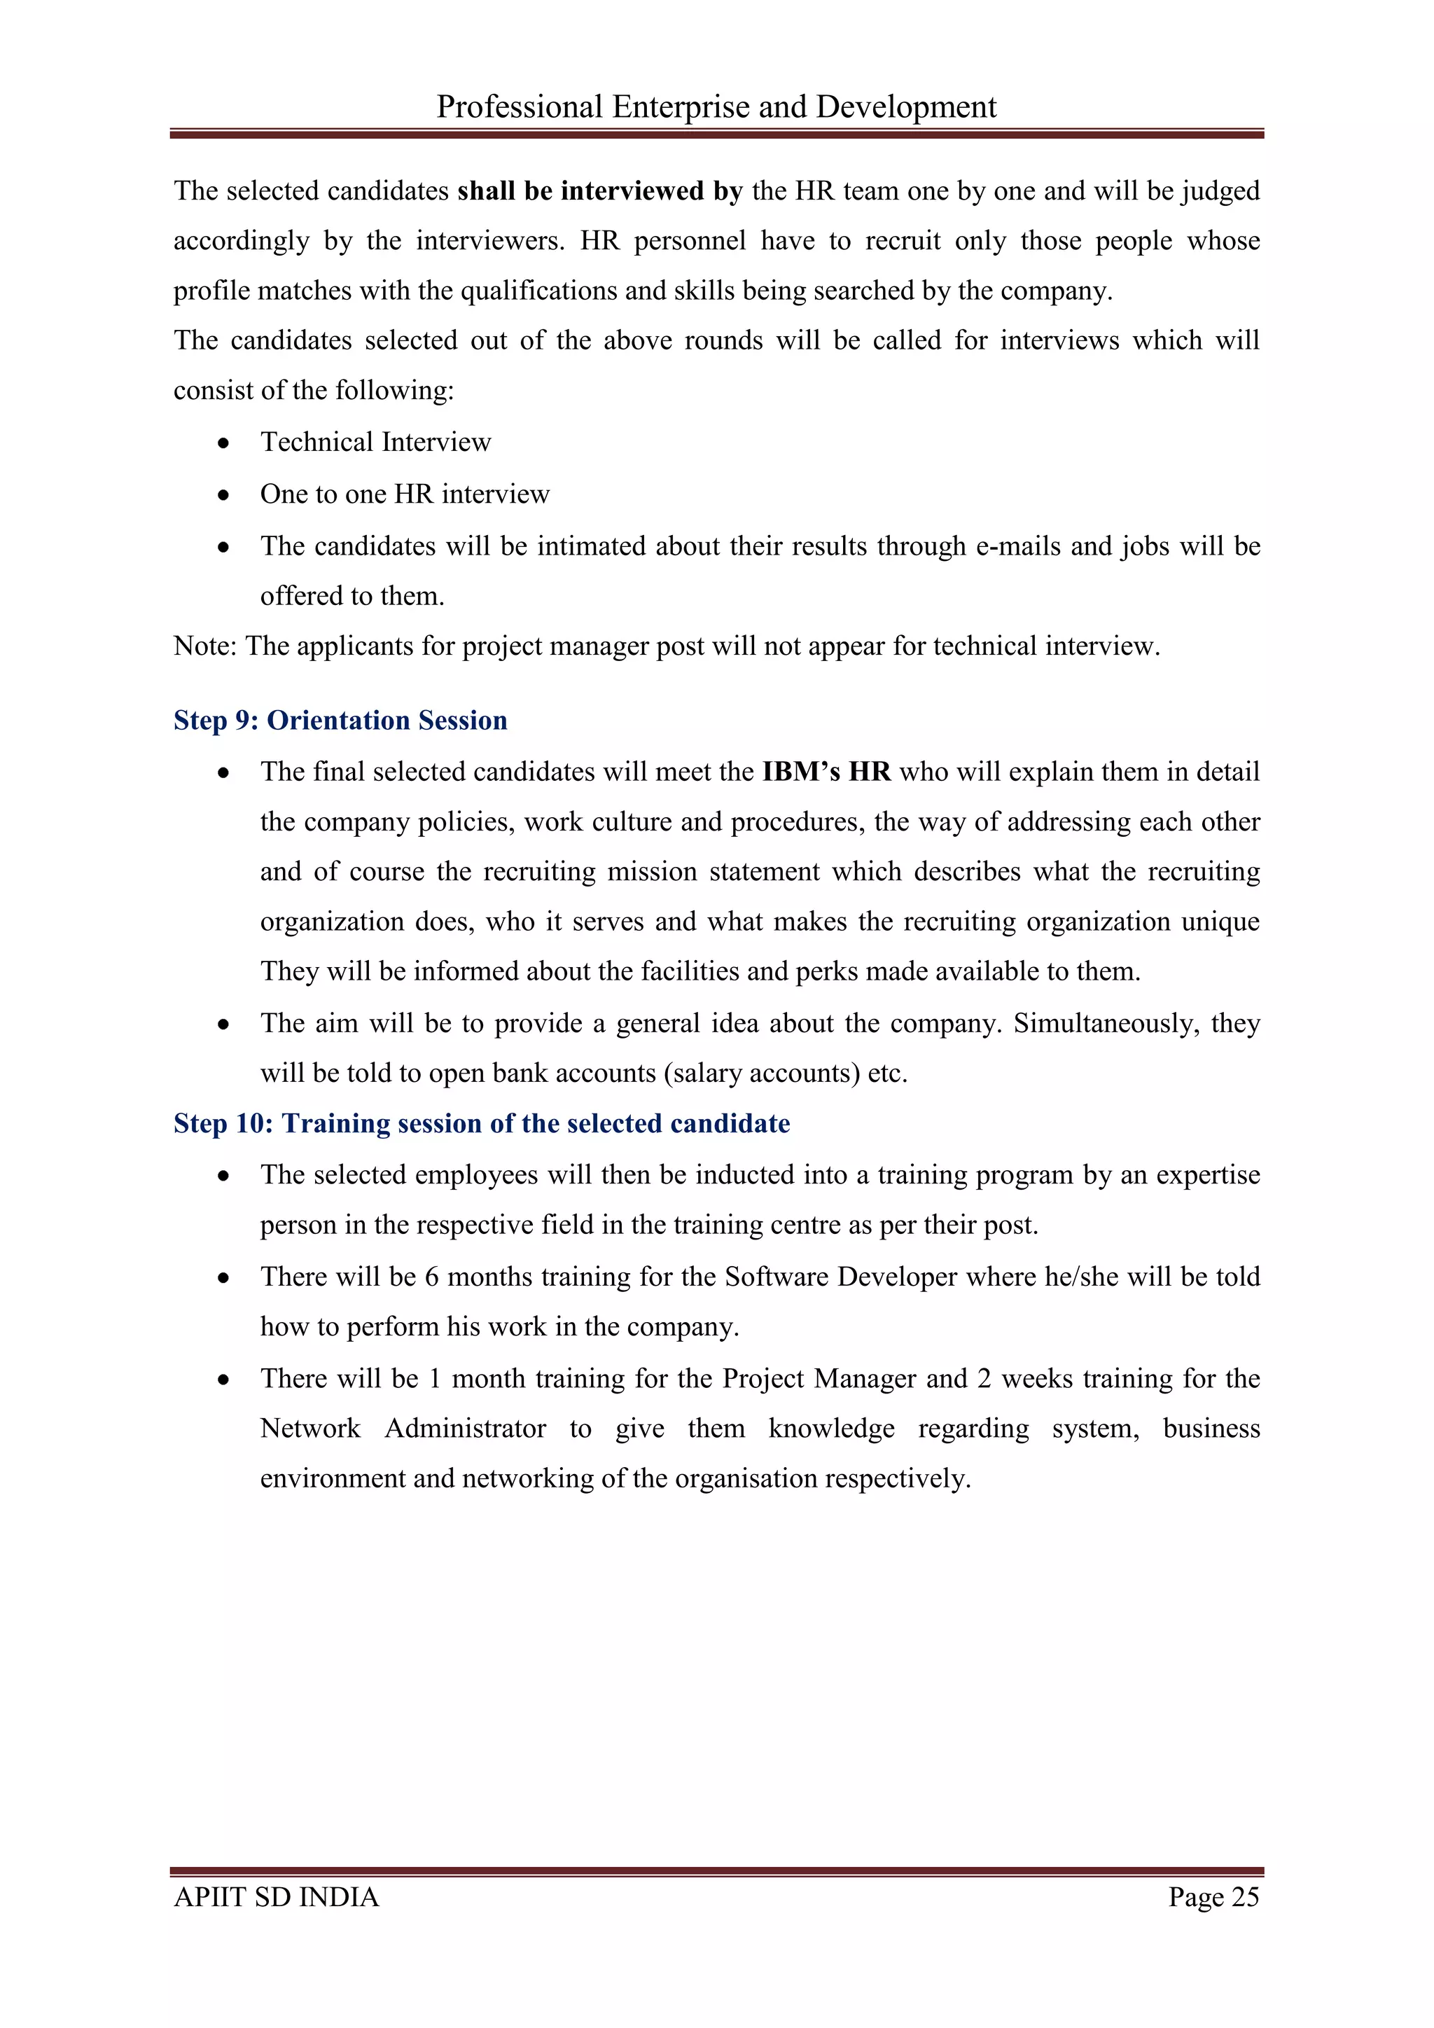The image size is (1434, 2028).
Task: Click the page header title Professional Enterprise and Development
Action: (x=716, y=107)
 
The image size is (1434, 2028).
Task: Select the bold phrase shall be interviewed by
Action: (x=599, y=190)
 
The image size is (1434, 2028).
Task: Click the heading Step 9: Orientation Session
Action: (x=340, y=720)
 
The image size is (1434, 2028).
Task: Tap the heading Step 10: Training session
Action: (x=481, y=1123)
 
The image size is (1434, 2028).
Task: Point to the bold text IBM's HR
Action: (x=826, y=771)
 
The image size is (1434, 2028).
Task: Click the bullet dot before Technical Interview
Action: (x=224, y=443)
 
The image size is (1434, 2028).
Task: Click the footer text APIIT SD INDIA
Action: (x=277, y=1896)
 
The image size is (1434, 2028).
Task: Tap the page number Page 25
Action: (x=1213, y=1896)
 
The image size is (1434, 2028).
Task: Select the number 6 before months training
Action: (x=432, y=1277)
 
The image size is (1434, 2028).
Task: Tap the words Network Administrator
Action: (x=403, y=1429)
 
